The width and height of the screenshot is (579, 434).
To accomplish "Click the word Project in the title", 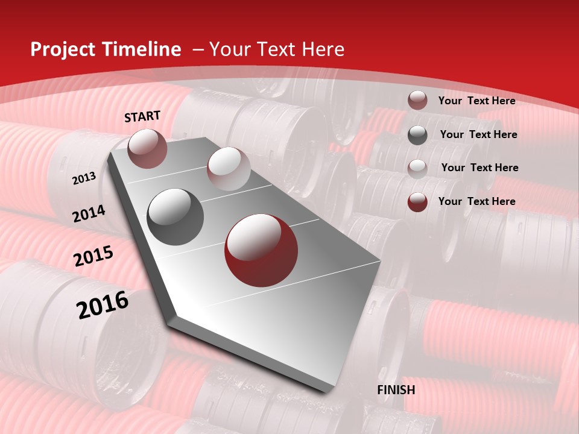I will click(62, 49).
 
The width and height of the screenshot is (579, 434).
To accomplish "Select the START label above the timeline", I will click(142, 116).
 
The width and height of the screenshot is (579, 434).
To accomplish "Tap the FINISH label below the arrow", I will click(396, 390).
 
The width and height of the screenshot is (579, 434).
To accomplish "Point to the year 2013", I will click(84, 178).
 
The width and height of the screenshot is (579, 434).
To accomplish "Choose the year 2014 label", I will click(89, 214).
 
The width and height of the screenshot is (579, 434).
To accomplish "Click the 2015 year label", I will click(93, 256).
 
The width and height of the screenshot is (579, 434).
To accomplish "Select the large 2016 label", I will click(103, 305).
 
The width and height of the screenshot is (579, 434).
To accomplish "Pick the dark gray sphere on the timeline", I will click(176, 216).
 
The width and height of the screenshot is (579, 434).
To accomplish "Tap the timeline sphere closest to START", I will click(148, 148).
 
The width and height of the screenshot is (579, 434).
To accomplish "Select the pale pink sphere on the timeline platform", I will click(229, 169).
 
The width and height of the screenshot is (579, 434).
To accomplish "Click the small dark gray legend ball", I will click(417, 135).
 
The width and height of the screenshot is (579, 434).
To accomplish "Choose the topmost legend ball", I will click(417, 101).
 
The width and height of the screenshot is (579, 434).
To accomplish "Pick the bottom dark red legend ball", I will click(417, 202).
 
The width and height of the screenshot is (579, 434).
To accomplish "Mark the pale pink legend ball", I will click(417, 168).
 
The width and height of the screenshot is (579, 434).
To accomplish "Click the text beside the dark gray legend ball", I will click(478, 134).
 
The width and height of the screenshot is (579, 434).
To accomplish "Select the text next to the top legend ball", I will click(476, 101).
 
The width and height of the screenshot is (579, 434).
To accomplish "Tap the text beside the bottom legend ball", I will click(476, 201).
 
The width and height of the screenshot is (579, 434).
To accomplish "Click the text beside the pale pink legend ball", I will click(479, 168).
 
